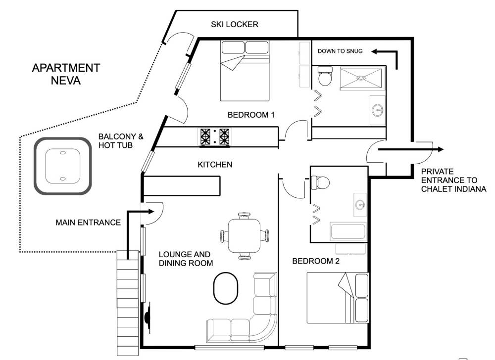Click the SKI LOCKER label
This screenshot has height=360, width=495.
click(x=235, y=24)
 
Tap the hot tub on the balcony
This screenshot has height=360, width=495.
click(x=63, y=166)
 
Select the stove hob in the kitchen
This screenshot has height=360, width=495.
click(x=215, y=137)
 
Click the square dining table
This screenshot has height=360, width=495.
click(x=245, y=236)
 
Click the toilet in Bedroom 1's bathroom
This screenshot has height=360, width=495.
click(x=325, y=76)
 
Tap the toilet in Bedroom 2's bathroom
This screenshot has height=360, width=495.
click(x=320, y=182)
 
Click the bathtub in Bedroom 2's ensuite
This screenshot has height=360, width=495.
click(x=348, y=232)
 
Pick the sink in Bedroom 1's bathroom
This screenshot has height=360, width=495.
click(x=378, y=110)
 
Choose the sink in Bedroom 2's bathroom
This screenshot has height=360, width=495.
click(x=360, y=205)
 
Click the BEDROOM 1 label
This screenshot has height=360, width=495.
click(x=251, y=115)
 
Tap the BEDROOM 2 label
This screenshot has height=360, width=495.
click(x=316, y=261)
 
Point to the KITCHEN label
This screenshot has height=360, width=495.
click(x=215, y=165)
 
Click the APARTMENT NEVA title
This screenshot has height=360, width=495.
click(x=66, y=74)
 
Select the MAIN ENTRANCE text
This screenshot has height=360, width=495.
click(x=88, y=223)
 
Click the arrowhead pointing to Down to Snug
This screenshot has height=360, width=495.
click(x=375, y=51)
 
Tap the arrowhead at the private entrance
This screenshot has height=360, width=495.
click(x=440, y=149)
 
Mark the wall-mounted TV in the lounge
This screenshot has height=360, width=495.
click(x=148, y=317)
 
